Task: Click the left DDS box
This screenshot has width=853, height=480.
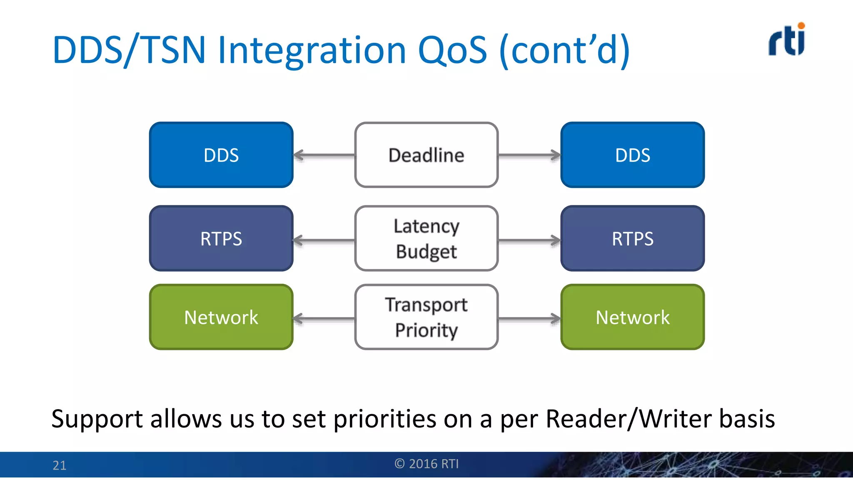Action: tap(221, 155)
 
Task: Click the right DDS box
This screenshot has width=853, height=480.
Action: tap(632, 155)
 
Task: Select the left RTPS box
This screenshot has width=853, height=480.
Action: tap(221, 238)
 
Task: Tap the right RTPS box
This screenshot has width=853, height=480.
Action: tap(632, 238)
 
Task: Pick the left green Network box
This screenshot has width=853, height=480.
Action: tap(221, 317)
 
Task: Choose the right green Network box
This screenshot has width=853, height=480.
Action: tap(632, 317)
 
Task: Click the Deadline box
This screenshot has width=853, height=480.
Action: tap(426, 155)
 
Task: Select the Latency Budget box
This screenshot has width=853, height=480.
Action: tap(426, 238)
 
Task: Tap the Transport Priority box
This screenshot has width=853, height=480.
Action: tap(426, 317)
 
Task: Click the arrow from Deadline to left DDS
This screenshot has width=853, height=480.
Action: tap(324, 155)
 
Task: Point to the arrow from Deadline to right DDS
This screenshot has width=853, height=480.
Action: tap(529, 155)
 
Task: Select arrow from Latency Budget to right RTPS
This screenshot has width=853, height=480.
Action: tap(529, 240)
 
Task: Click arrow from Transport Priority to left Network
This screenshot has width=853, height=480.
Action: tap(324, 319)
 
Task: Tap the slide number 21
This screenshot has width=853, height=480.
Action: tap(60, 465)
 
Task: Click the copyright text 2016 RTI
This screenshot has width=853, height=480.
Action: tap(426, 464)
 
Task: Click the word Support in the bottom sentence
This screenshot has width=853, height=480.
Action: tap(97, 419)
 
